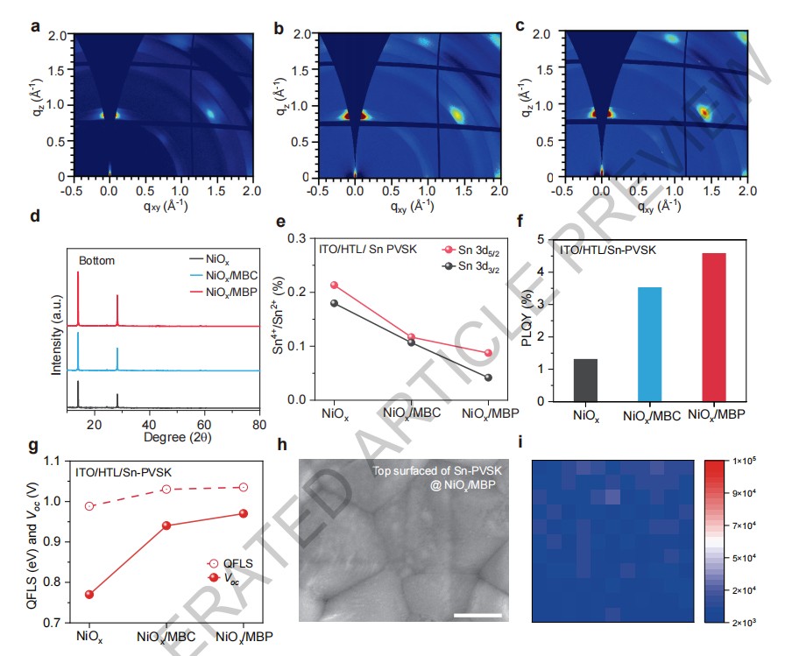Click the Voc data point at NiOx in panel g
pos(89,594)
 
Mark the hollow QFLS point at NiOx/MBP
pos(243,487)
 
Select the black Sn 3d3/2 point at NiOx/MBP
pos(463,377)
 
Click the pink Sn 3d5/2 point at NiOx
pos(334,285)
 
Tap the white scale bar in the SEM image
pos(478,616)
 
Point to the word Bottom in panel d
pos(97,261)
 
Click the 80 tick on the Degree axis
pos(258,423)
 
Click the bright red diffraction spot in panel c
pos(703,111)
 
